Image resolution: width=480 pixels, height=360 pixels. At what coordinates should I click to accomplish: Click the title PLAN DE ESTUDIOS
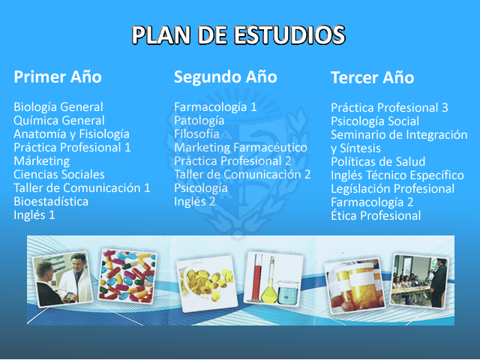238,35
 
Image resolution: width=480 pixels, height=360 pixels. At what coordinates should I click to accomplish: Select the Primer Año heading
58,76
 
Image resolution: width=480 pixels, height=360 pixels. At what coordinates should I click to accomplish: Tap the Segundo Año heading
225,76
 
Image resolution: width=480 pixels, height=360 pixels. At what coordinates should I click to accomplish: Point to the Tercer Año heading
372,77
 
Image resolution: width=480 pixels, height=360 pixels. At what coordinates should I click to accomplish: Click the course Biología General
58,107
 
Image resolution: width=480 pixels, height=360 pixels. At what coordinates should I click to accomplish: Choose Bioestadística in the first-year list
51,202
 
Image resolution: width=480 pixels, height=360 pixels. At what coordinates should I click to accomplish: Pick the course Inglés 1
34,215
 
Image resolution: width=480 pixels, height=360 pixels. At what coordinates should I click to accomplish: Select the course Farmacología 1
215,107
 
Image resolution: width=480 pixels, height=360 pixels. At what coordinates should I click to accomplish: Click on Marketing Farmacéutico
241,148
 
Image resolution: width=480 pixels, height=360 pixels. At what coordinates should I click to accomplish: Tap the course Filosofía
196,134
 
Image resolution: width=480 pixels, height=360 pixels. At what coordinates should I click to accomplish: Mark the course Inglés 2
195,202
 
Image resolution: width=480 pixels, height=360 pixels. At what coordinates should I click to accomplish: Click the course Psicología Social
375,121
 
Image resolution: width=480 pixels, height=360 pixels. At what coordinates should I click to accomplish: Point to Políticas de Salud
378,162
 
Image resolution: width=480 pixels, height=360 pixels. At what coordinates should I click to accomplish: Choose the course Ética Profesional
376,215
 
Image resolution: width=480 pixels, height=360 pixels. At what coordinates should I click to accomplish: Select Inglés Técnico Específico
397,175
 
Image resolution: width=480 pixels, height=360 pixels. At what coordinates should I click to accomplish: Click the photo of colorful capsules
127,276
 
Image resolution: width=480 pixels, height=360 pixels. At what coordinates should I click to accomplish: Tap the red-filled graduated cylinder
256,277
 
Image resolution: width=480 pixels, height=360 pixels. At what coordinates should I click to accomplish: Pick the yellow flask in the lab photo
270,281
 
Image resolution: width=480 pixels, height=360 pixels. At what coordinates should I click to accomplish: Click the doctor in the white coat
75,278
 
